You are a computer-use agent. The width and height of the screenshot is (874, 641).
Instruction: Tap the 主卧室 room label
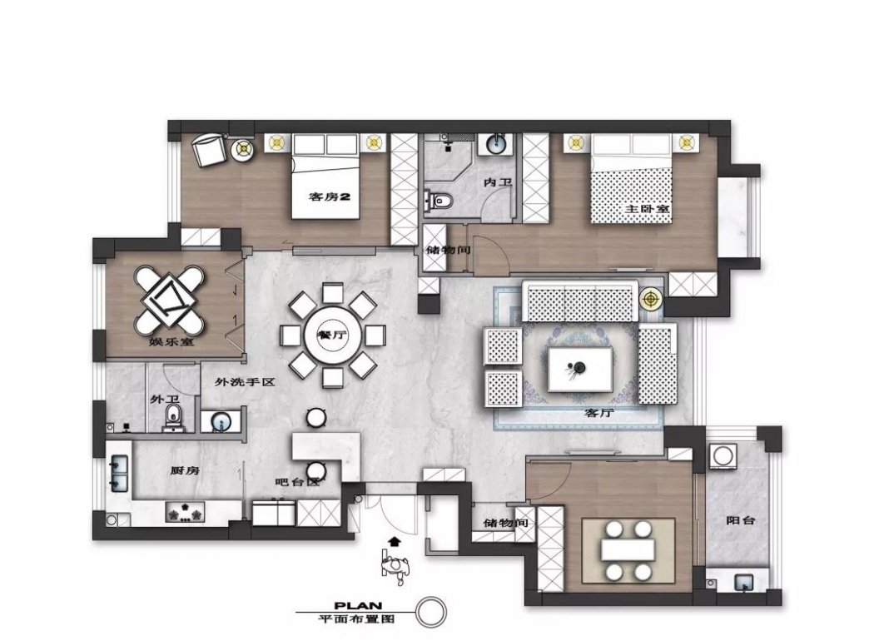point(647,209)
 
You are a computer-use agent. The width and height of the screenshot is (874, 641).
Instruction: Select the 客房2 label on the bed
point(330,196)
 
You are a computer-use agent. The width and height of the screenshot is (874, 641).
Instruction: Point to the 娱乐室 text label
point(171,341)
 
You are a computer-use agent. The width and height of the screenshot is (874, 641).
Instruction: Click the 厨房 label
point(185,470)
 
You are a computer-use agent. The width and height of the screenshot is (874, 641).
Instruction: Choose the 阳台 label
point(740,520)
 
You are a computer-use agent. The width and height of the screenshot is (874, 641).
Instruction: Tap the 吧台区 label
point(298,482)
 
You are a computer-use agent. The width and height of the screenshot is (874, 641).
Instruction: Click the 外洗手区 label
point(246,382)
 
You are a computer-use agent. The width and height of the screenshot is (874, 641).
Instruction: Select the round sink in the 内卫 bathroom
point(494,144)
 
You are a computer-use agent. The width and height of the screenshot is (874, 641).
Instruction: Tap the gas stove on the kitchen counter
point(185,513)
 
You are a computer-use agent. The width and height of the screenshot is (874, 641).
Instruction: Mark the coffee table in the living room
point(580,369)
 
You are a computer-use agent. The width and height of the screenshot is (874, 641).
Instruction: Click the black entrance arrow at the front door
point(395,540)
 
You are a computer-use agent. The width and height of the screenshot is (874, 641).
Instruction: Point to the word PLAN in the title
point(358,606)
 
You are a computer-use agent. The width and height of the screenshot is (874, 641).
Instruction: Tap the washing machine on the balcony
point(723,455)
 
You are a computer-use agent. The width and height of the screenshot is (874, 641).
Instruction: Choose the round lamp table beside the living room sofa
point(650,299)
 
